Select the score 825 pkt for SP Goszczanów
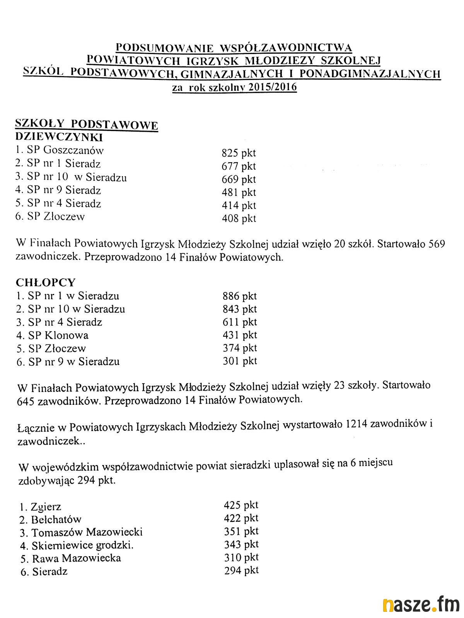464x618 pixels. [239, 153]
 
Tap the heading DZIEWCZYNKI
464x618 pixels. [59, 137]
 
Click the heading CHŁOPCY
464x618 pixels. [46, 282]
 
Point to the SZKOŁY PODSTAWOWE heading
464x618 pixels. [86, 124]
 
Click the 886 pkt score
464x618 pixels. [239, 296]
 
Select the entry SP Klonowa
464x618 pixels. [58, 335]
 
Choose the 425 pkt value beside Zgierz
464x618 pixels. [241, 505]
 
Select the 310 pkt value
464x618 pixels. [241, 557]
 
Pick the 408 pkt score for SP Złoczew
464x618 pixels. [239, 219]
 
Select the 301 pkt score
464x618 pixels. [240, 361]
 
